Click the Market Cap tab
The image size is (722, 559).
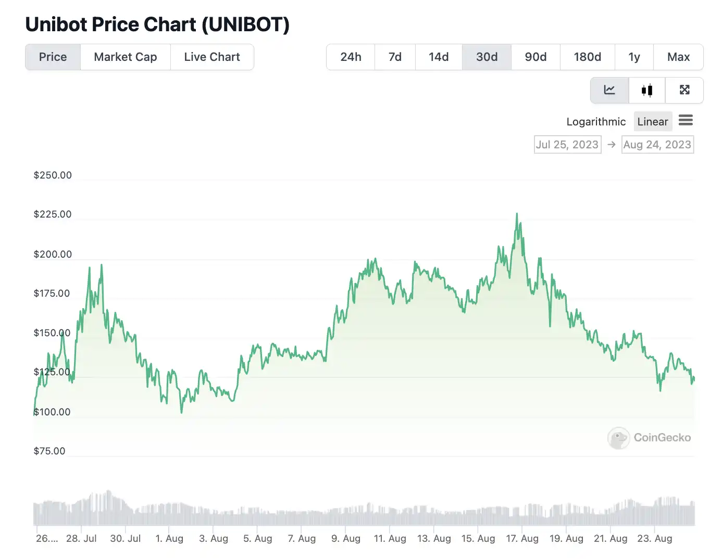(125, 57)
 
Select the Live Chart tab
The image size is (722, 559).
(212, 57)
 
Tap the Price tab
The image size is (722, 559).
(53, 57)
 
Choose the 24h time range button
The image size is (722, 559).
(351, 57)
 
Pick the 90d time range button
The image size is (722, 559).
(536, 57)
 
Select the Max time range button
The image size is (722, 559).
(678, 57)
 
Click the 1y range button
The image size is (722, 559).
(634, 57)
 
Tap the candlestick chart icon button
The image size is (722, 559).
(647, 91)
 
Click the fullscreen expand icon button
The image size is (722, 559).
(684, 91)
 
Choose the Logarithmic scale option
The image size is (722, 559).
(596, 122)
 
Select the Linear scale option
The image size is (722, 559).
(652, 122)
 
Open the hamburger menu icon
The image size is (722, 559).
(686, 121)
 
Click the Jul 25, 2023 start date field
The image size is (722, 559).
(567, 145)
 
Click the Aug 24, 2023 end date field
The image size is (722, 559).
(657, 145)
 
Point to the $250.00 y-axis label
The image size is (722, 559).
(53, 175)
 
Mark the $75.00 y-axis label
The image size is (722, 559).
(49, 451)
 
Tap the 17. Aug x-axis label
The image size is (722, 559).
(522, 539)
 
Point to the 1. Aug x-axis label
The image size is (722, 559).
(169, 539)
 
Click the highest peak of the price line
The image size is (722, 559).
(517, 214)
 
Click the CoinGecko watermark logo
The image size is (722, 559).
(649, 438)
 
